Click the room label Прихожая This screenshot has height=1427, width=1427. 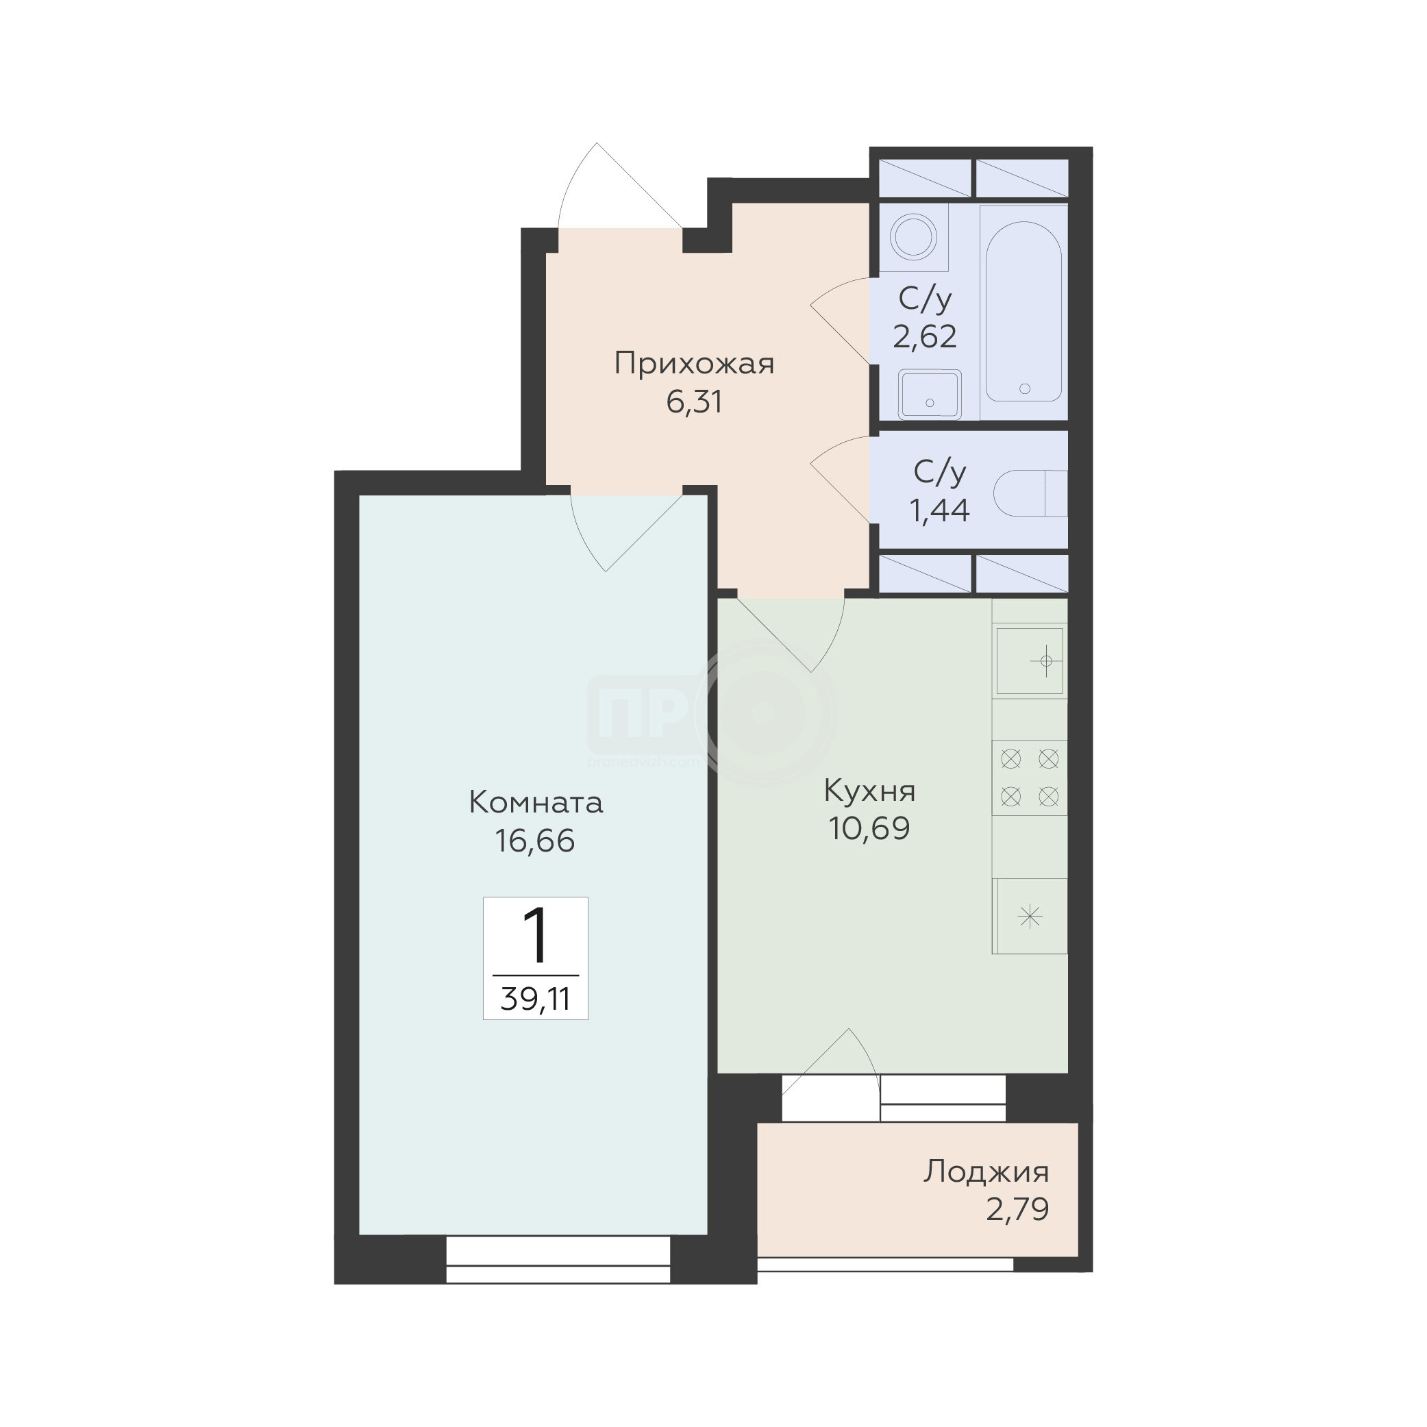(694, 364)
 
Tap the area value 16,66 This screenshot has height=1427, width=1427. (535, 841)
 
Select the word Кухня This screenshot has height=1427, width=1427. (869, 791)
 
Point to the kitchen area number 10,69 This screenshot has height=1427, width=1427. (869, 829)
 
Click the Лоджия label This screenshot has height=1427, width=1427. (986, 1173)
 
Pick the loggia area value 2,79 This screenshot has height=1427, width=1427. (1017, 1210)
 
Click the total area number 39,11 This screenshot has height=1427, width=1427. (536, 1000)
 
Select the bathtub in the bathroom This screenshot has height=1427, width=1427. (1023, 312)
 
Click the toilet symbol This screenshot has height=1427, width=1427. (1030, 493)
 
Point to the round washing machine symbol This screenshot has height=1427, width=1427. (914, 237)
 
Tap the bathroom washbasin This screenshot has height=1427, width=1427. (930, 394)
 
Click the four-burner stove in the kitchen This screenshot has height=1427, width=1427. (1030, 778)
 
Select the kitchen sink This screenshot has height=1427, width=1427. (1030, 661)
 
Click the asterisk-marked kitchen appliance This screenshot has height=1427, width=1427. (1030, 917)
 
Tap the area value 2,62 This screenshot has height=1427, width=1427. (925, 337)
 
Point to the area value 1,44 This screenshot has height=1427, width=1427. (939, 510)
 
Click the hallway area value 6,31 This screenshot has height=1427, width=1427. (693, 403)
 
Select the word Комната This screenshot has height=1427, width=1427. (536, 803)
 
